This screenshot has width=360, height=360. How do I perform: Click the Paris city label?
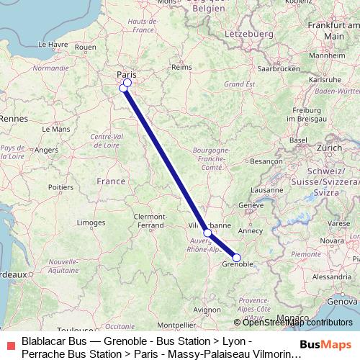[127, 73]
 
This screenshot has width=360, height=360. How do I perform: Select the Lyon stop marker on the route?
[207, 233]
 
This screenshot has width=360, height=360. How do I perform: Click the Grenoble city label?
[238, 265]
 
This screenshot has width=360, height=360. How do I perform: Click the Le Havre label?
[53, 44]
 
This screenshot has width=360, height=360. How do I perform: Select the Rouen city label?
[85, 48]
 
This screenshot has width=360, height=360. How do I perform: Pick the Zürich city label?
[329, 147]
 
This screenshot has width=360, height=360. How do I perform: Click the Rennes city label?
[12, 117]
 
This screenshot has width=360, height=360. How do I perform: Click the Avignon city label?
[207, 310]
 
